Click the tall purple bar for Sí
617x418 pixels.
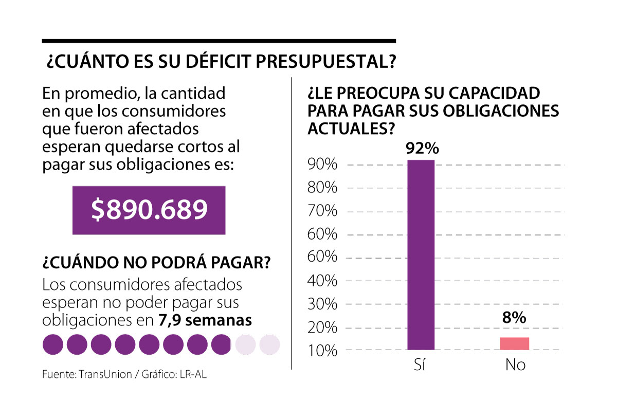421,255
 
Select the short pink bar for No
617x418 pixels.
515,343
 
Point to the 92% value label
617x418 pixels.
422,149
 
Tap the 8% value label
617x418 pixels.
514,318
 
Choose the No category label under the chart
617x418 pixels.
515,365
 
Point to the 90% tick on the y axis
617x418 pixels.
322,165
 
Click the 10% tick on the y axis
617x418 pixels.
322,351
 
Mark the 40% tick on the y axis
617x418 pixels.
322,281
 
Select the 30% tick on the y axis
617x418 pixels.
322,304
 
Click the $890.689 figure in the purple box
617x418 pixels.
149,210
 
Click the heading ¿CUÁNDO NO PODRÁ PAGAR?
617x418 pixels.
156,262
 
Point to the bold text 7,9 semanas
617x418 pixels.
205,320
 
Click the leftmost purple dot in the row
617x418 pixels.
52,344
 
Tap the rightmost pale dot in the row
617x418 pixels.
269,344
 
